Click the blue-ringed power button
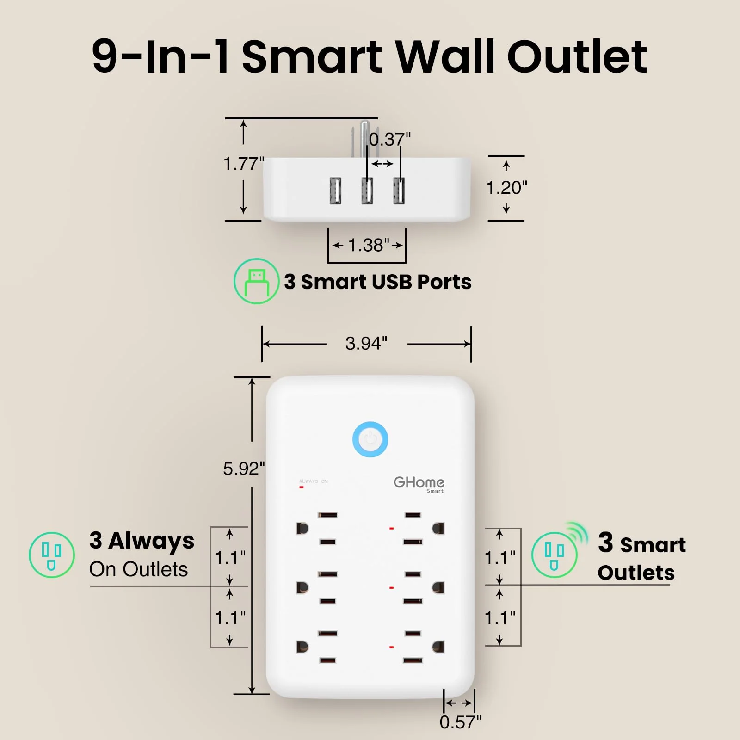[370, 439]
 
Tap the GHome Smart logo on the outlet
[419, 484]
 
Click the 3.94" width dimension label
[366, 344]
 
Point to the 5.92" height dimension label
[244, 469]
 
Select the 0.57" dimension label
[460, 722]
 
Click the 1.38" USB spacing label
[369, 245]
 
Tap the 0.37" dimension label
[389, 139]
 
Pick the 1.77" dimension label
[244, 163]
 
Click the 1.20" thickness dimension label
[506, 188]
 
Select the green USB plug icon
[256, 281]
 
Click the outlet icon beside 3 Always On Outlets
[52, 555]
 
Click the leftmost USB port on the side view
[336, 191]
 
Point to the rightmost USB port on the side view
[399, 191]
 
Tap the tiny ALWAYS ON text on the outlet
[314, 481]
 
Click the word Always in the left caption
[151, 541]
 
